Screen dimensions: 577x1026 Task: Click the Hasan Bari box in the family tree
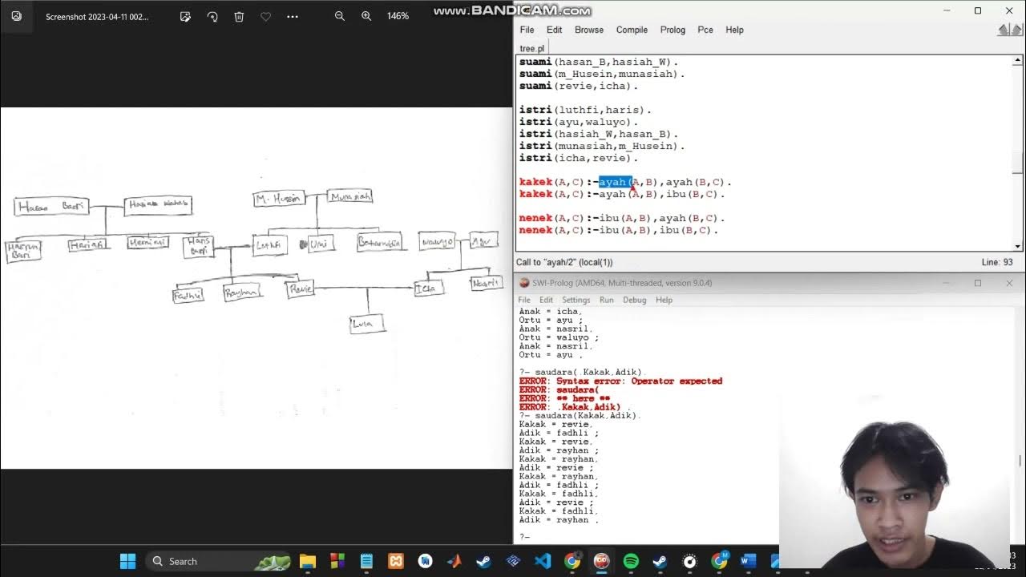pos(50,207)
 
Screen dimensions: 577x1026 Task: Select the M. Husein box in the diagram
pos(278,199)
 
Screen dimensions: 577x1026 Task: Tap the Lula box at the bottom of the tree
pos(367,324)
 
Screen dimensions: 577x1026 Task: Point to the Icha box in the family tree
pos(428,288)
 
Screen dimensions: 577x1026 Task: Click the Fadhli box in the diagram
pos(188,295)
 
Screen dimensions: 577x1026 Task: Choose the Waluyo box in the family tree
pos(437,241)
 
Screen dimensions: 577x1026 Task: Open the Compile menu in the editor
pos(632,30)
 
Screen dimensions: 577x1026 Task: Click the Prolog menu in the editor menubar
pos(673,30)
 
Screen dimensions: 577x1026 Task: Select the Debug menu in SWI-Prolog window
pos(634,300)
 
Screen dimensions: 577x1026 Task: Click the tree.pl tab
pos(531,48)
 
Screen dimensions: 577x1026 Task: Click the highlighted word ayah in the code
pos(614,182)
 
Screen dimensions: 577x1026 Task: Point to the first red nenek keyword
pos(535,218)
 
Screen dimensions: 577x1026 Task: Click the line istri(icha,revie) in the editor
pos(578,158)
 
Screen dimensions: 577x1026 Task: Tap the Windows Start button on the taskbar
pos(127,561)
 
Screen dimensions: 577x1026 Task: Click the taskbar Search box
pos(200,561)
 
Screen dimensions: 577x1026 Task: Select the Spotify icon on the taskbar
pos(631,561)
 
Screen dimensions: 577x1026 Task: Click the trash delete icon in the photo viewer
pos(239,16)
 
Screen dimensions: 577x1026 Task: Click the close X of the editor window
pos(1009,10)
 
